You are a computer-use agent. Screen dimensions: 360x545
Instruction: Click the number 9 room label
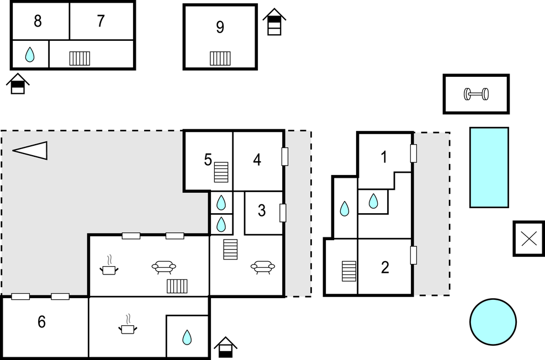(x=220, y=28)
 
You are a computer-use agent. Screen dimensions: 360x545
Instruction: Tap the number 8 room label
(x=38, y=22)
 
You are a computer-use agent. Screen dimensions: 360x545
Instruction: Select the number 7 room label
(x=100, y=22)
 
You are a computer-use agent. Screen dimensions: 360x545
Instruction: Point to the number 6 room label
(x=41, y=322)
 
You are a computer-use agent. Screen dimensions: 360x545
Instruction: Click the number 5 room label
(x=208, y=160)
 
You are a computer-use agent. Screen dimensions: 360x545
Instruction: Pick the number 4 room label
(x=257, y=160)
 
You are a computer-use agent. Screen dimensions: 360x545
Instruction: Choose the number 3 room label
(x=262, y=210)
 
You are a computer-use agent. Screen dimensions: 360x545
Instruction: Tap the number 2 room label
(x=385, y=268)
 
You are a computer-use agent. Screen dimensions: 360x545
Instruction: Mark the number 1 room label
(x=384, y=157)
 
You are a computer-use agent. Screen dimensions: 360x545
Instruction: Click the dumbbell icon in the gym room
(x=476, y=94)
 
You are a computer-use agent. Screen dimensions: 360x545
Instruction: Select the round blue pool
(x=493, y=321)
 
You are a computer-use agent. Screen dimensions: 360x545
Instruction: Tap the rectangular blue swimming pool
(x=489, y=167)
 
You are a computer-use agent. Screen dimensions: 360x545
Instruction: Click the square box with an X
(x=529, y=239)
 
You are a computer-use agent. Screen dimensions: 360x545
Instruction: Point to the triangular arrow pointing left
(x=30, y=150)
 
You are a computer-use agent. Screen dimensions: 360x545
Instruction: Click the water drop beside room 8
(x=30, y=54)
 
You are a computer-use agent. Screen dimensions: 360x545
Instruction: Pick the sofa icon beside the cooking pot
(x=163, y=267)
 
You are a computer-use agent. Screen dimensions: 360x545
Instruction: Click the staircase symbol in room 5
(x=222, y=172)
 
